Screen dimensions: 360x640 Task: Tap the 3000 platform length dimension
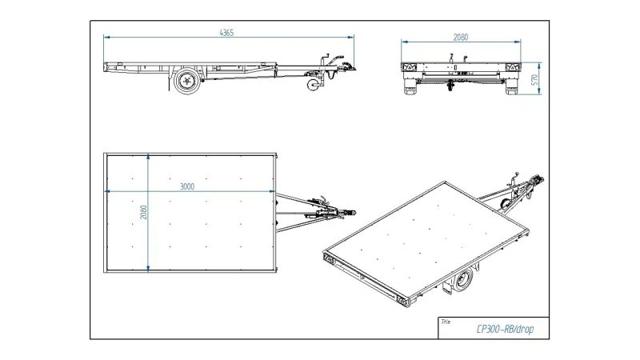pyautogui.click(x=187, y=186)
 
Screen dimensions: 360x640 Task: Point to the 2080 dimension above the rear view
pyautogui.click(x=460, y=37)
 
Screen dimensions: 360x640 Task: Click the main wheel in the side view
pyautogui.click(x=187, y=80)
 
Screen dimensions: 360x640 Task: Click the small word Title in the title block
pyautogui.click(x=446, y=321)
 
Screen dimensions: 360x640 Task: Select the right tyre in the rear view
pyautogui.click(x=510, y=87)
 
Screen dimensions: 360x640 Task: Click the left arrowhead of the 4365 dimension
pyautogui.click(x=106, y=36)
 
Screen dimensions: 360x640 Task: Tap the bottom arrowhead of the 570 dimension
pyautogui.click(x=541, y=94)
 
